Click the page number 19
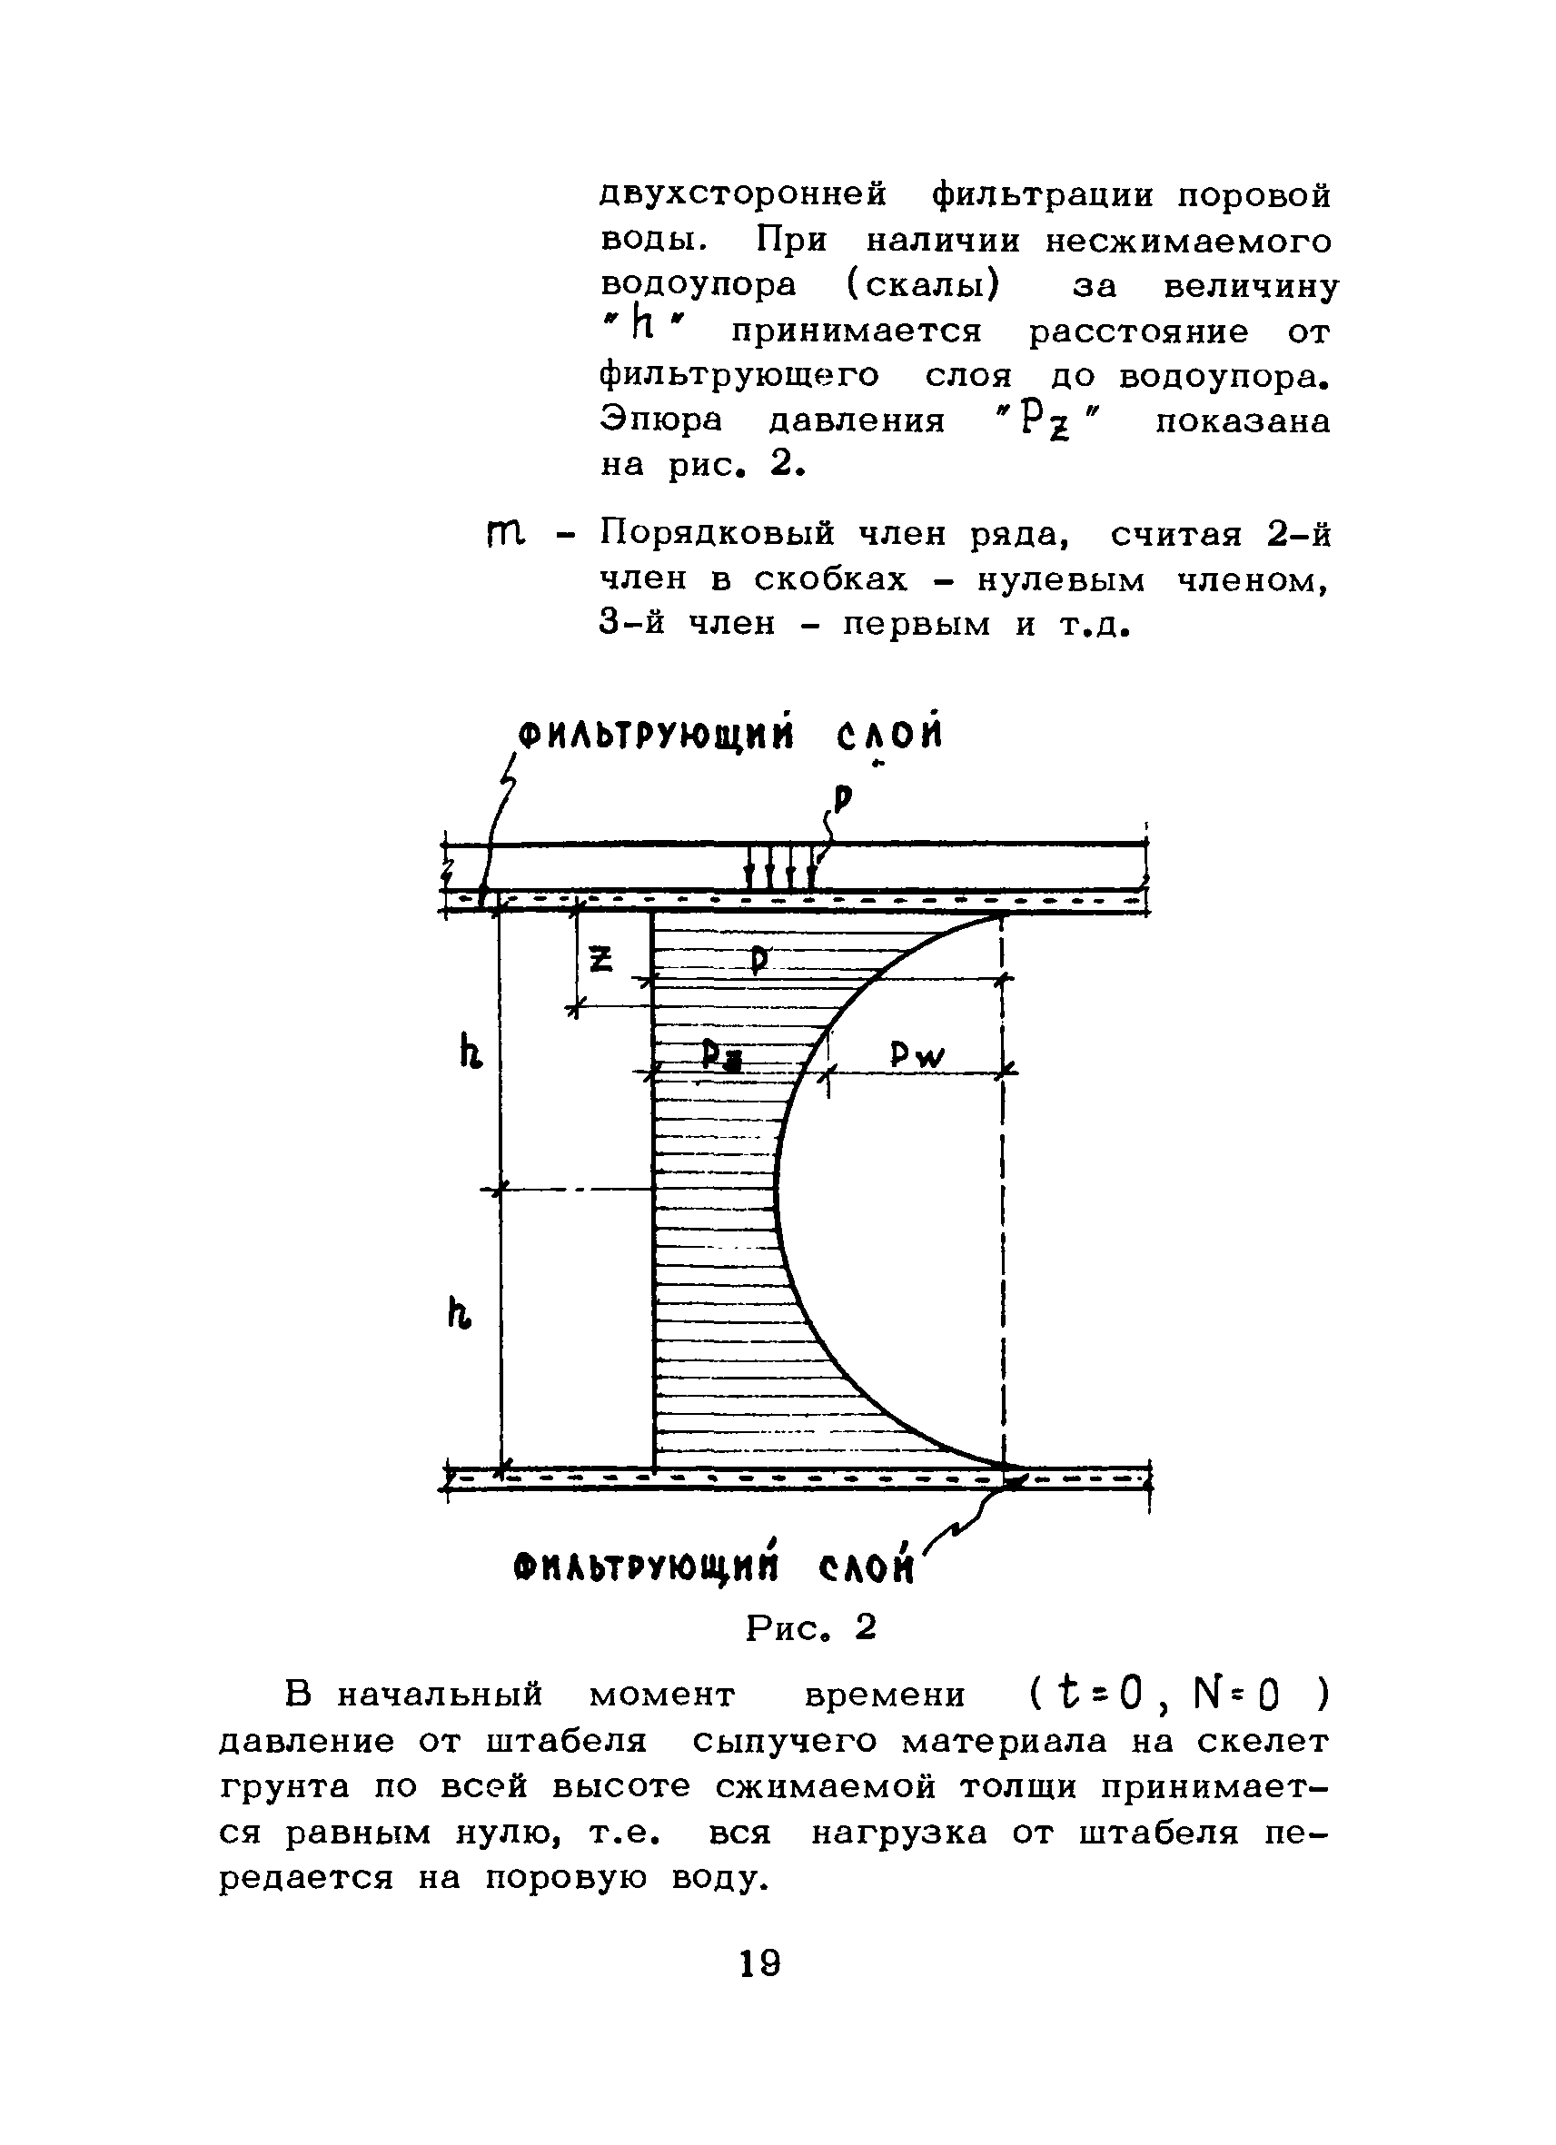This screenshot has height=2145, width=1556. point(759,1962)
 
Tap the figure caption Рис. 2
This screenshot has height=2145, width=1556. point(810,1626)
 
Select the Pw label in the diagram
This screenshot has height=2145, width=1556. point(917,1053)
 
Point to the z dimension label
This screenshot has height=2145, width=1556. point(600,959)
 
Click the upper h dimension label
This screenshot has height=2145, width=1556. point(471,1052)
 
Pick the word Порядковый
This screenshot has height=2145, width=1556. point(718,534)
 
